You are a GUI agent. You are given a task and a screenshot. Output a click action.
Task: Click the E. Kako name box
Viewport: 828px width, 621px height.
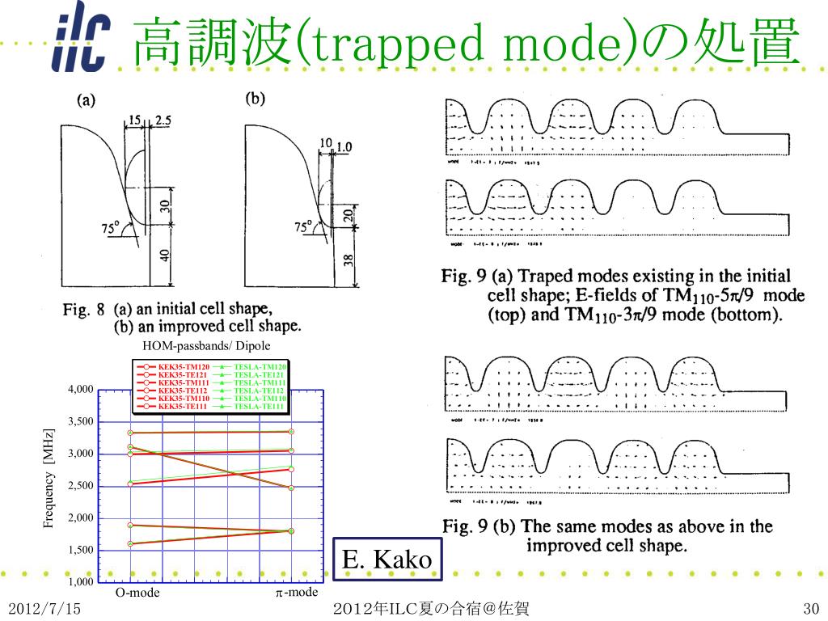pyautogui.click(x=387, y=559)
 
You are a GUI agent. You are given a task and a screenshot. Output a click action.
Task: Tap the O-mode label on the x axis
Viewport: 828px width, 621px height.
pyautogui.click(x=137, y=593)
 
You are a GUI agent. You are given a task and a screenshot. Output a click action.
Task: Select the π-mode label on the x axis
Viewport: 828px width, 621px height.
pyautogui.click(x=296, y=593)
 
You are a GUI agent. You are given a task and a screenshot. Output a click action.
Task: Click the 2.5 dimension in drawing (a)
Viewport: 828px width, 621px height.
pyautogui.click(x=163, y=120)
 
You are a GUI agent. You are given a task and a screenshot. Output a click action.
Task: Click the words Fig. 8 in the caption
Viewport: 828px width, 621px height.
pyautogui.click(x=84, y=310)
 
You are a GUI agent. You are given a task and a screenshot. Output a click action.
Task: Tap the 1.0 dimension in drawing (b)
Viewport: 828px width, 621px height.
pyautogui.click(x=344, y=147)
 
